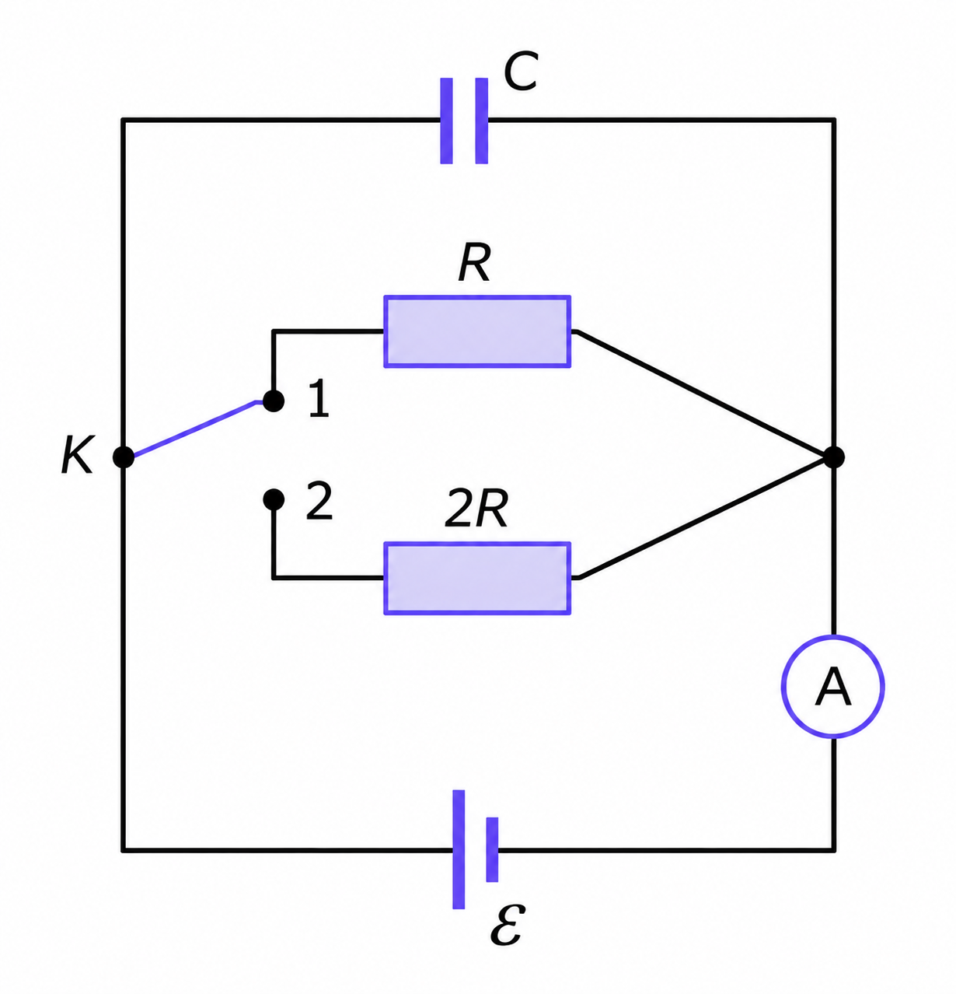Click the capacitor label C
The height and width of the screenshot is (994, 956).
pos(520,72)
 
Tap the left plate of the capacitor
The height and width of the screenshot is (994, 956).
pos(446,121)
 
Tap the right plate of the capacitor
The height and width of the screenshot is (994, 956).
pos(481,121)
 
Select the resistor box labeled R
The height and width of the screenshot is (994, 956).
pos(477,331)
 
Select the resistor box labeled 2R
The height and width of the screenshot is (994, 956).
pos(477,578)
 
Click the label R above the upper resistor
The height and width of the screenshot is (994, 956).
pos(474,264)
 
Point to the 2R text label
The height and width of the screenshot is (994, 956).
pos(476,508)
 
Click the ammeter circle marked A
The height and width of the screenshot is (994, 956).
pos(832,687)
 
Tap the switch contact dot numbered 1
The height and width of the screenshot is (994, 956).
pos(274,401)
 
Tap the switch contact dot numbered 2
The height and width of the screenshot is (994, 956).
pos(274,499)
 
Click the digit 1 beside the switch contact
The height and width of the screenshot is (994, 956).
pos(319,398)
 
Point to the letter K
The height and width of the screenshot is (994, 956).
pos(77,455)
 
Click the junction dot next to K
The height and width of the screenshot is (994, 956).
pos(123,457)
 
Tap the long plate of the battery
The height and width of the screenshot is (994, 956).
pos(459,849)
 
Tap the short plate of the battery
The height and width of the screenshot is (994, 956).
pos(492,849)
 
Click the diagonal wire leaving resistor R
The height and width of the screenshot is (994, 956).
pos(702,394)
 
